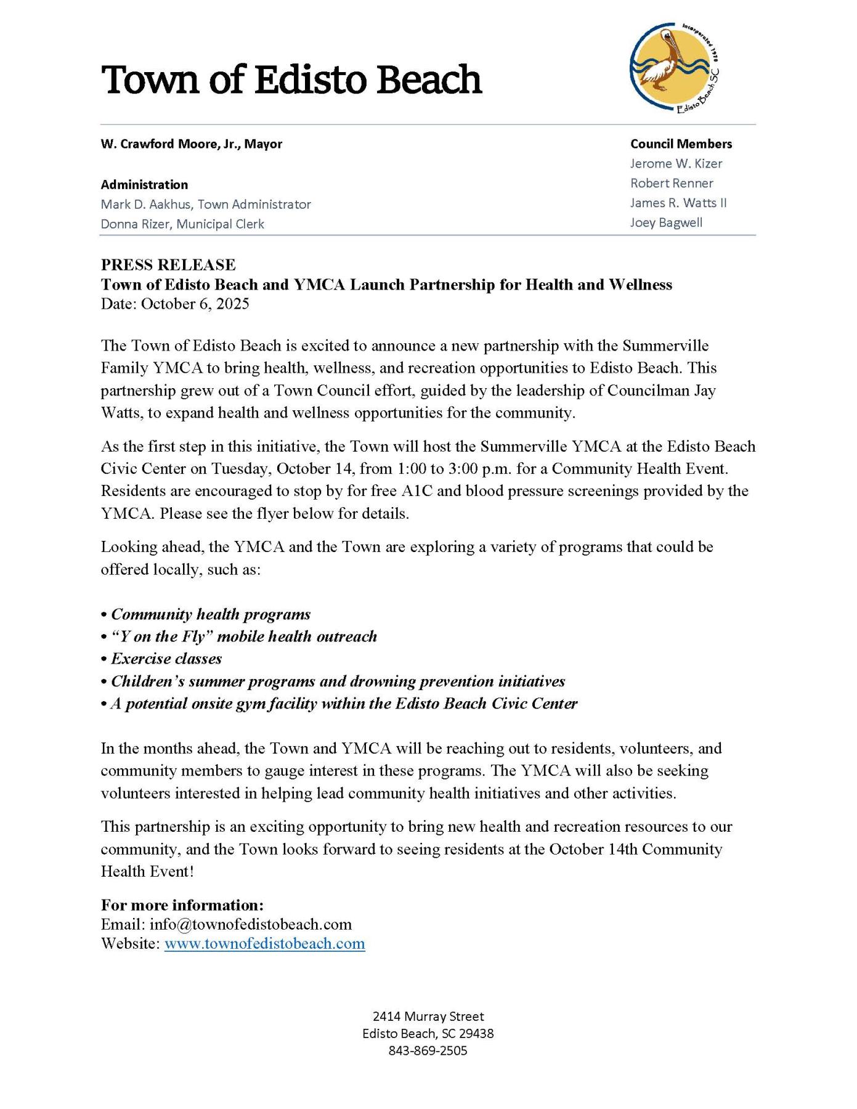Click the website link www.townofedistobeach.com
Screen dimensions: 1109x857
point(264,944)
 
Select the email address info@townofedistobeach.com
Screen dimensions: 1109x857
point(250,924)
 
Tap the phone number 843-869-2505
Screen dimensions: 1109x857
point(428,1050)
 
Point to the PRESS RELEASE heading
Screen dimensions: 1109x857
point(168,265)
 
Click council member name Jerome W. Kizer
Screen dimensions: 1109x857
point(676,163)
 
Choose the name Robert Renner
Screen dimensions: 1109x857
point(671,183)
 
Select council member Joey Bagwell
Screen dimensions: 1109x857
point(665,222)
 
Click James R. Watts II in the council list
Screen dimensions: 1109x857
point(678,203)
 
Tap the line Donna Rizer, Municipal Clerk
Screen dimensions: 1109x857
point(182,224)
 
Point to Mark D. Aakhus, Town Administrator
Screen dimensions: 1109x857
point(206,204)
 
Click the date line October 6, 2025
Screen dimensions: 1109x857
point(175,304)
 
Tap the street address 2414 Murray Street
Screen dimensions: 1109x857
point(428,1016)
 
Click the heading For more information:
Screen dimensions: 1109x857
point(182,905)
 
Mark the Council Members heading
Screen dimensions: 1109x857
point(681,144)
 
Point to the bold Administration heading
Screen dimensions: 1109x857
point(144,184)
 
